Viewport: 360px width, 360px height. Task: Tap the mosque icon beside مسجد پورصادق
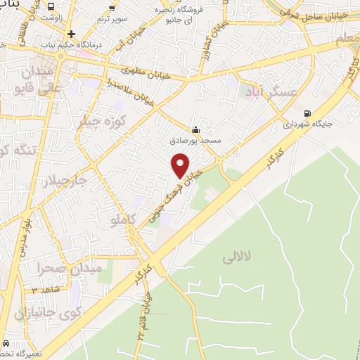tap(195, 130)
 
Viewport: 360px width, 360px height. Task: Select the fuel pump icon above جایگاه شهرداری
tap(307, 113)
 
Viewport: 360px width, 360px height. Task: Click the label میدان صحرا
tap(70, 268)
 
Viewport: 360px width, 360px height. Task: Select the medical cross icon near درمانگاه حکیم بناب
tap(71, 34)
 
